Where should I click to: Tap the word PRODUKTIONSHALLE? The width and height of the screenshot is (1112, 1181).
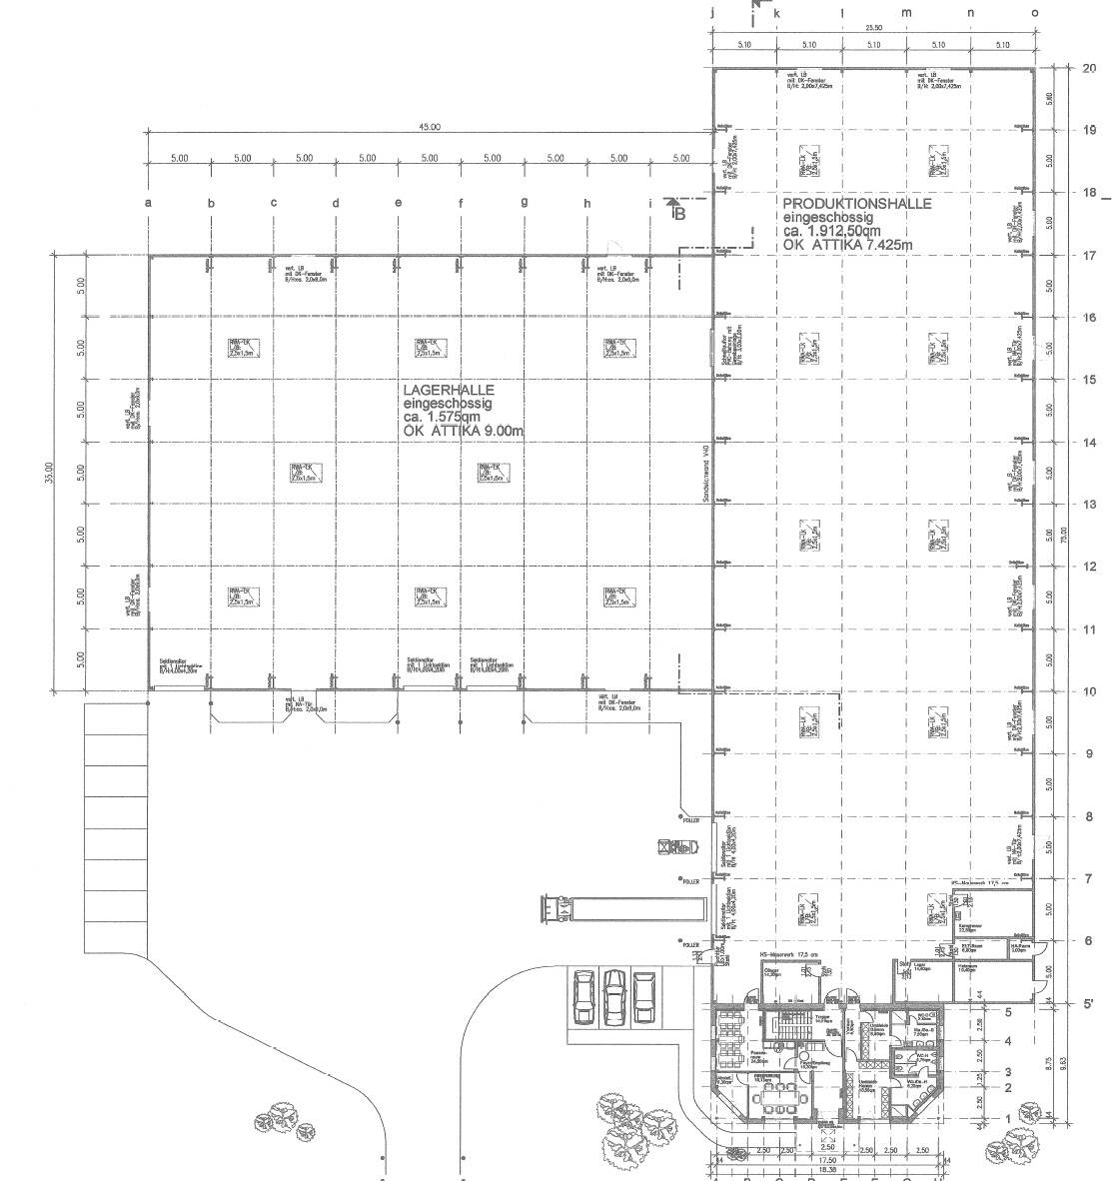(857, 204)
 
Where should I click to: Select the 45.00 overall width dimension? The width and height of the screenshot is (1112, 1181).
(430, 128)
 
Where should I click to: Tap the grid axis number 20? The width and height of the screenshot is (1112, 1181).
(1089, 68)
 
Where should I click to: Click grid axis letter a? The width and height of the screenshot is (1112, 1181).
(149, 204)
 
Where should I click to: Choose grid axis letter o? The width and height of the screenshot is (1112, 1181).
(1034, 13)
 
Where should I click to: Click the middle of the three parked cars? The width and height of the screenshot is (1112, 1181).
(614, 996)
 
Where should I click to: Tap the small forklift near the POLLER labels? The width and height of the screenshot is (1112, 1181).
(674, 848)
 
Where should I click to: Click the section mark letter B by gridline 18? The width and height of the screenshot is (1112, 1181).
(678, 212)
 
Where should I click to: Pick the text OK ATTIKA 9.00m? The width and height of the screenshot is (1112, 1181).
(465, 431)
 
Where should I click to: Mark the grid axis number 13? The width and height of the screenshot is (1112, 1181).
(1089, 505)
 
